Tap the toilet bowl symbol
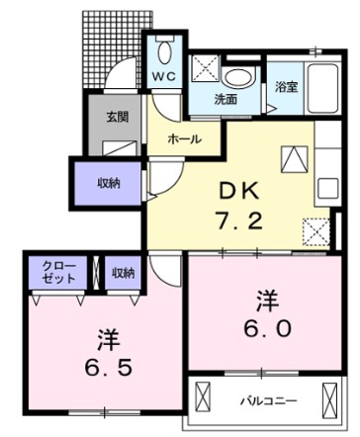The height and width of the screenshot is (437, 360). point(164,51)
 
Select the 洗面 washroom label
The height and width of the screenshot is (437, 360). point(226,99)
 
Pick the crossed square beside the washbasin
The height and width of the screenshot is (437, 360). point(205,69)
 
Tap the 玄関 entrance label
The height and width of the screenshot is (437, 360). point(118,117)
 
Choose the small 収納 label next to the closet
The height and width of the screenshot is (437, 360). point(123,273)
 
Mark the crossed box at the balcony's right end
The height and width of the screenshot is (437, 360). point(337,399)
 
